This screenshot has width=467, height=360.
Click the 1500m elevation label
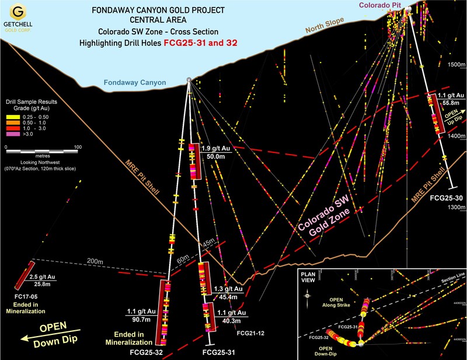455,65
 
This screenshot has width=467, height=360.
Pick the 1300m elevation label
455,207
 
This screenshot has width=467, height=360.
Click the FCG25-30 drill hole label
447,198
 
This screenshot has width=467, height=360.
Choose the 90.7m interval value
140,319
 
